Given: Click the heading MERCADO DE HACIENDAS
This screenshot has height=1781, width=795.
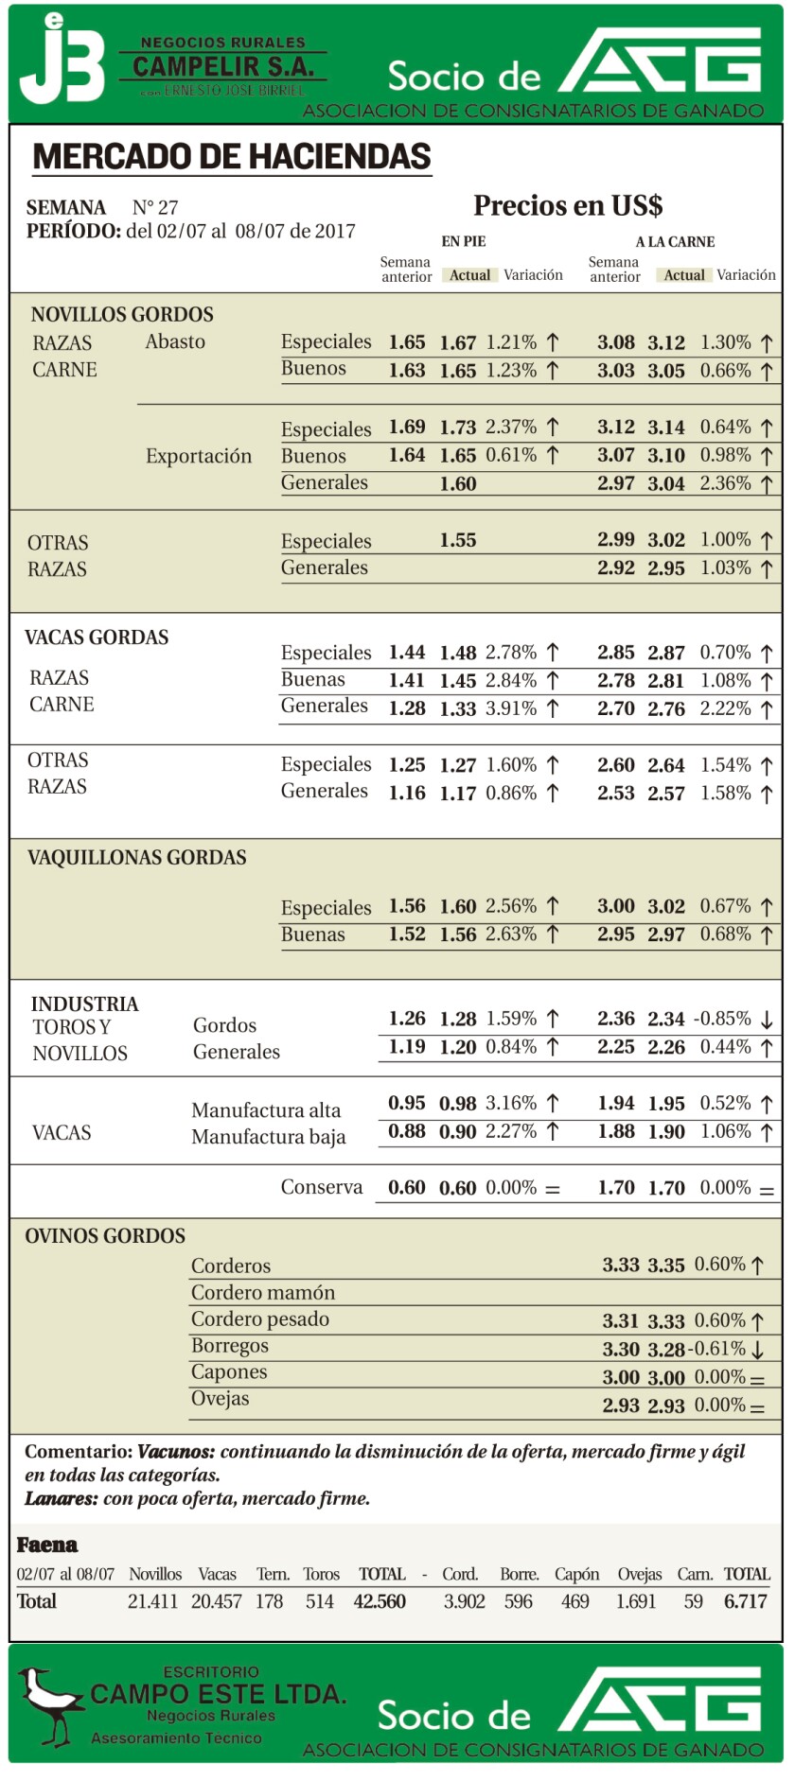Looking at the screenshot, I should click(x=232, y=156).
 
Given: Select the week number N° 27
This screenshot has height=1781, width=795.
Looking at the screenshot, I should click(x=155, y=208).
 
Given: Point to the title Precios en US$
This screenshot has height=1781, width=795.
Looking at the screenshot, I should click(x=568, y=205).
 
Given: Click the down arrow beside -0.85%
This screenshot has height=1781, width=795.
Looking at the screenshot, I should click(x=767, y=1020).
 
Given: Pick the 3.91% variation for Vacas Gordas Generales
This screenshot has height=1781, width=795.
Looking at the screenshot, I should click(x=511, y=708).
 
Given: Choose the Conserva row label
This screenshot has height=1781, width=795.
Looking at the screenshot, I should click(x=321, y=1187).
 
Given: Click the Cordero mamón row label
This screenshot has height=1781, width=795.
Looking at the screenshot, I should click(x=262, y=1292).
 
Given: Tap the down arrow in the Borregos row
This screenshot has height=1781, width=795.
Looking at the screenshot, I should click(x=757, y=1350).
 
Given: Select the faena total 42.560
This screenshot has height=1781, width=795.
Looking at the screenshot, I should click(x=380, y=1601).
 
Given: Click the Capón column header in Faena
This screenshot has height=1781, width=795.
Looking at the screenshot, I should click(x=576, y=1574).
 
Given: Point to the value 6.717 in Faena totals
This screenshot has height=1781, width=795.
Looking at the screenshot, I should click(x=746, y=1601).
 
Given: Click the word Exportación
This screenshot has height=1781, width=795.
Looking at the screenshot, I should click(x=199, y=456).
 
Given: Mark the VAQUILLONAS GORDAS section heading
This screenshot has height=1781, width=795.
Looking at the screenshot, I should click(x=136, y=858).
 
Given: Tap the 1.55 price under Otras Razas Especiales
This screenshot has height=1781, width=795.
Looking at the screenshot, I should click(x=458, y=541).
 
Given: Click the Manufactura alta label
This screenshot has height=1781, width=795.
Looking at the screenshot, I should click(x=266, y=1109).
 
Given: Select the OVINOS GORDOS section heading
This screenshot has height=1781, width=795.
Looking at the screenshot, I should click(x=105, y=1236).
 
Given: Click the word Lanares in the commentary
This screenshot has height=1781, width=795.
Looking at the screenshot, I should click(x=60, y=1498).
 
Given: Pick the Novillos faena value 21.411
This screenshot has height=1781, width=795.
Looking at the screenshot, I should click(x=152, y=1601).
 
